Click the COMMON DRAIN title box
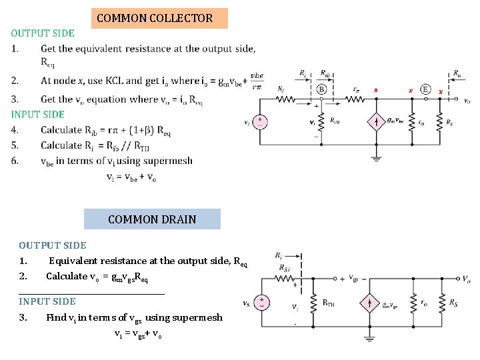coord(152,219)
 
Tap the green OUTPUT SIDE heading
coord(43,33)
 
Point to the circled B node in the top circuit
coord(321,88)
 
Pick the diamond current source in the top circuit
coord(376,122)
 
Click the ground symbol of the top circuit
coord(376,159)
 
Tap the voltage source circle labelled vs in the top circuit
coord(259,122)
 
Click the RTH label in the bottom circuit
coord(328,303)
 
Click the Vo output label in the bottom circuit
coord(467,279)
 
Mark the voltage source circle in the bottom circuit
coord(262,303)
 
